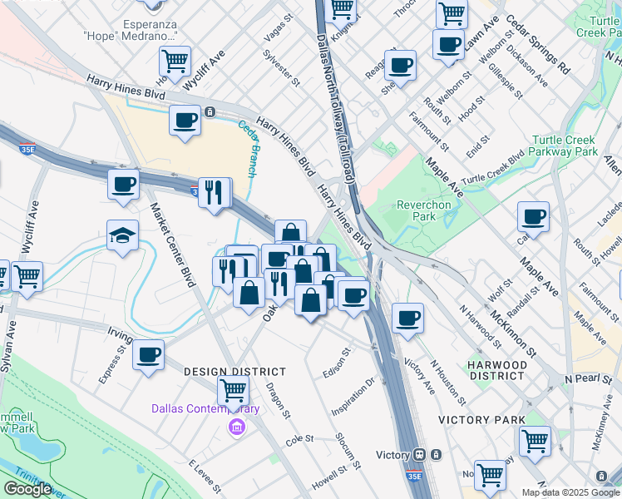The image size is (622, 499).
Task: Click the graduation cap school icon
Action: pyautogui.click(x=123, y=236)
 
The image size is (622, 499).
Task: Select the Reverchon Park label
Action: pyautogui.click(x=423, y=210)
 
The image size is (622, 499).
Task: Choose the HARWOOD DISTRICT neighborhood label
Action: pyautogui.click(x=496, y=370)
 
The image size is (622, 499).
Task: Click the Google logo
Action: pyautogui.click(x=27, y=489)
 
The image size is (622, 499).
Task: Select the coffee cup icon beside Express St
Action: pyautogui.click(x=149, y=355)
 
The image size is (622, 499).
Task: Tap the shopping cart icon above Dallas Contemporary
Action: pyautogui.click(x=234, y=389)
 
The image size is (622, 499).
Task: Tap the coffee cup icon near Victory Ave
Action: pyautogui.click(x=407, y=319)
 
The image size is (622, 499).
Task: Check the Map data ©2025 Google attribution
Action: pyautogui.click(x=570, y=492)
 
